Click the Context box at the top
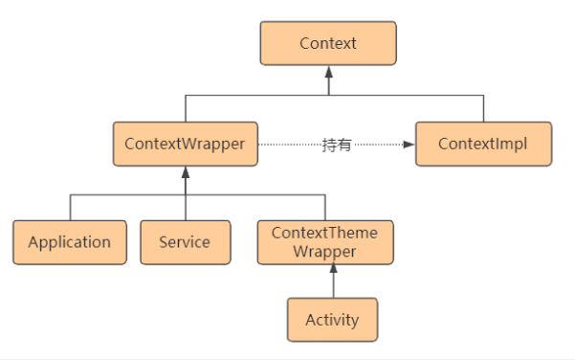328,43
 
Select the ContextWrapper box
185,144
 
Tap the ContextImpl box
483,144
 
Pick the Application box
69,241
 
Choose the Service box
185,241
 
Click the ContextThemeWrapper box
324,241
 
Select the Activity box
332,320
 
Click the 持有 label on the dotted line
336,145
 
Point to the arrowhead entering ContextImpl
409,145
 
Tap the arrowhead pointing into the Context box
328,73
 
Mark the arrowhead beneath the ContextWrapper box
185,172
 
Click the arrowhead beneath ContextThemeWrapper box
333,271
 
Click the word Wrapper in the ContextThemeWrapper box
324,251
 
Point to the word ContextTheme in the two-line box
324,233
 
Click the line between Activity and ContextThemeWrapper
333,285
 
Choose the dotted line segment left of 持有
287,145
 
